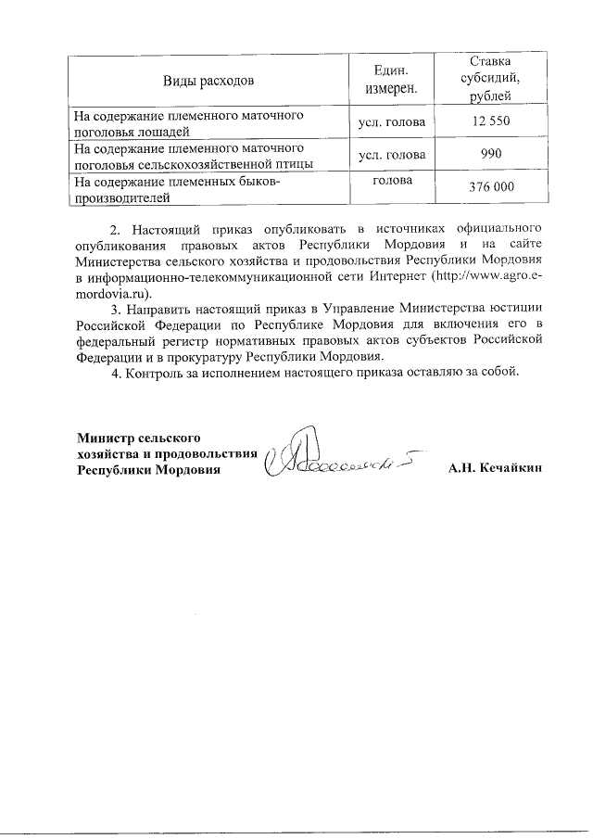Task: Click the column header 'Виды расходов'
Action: (208, 81)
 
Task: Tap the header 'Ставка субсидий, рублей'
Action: (490, 80)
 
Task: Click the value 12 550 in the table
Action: (490, 122)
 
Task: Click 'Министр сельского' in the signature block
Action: (140, 437)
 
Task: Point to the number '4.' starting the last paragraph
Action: (116, 373)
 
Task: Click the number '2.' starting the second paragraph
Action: (116, 228)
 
